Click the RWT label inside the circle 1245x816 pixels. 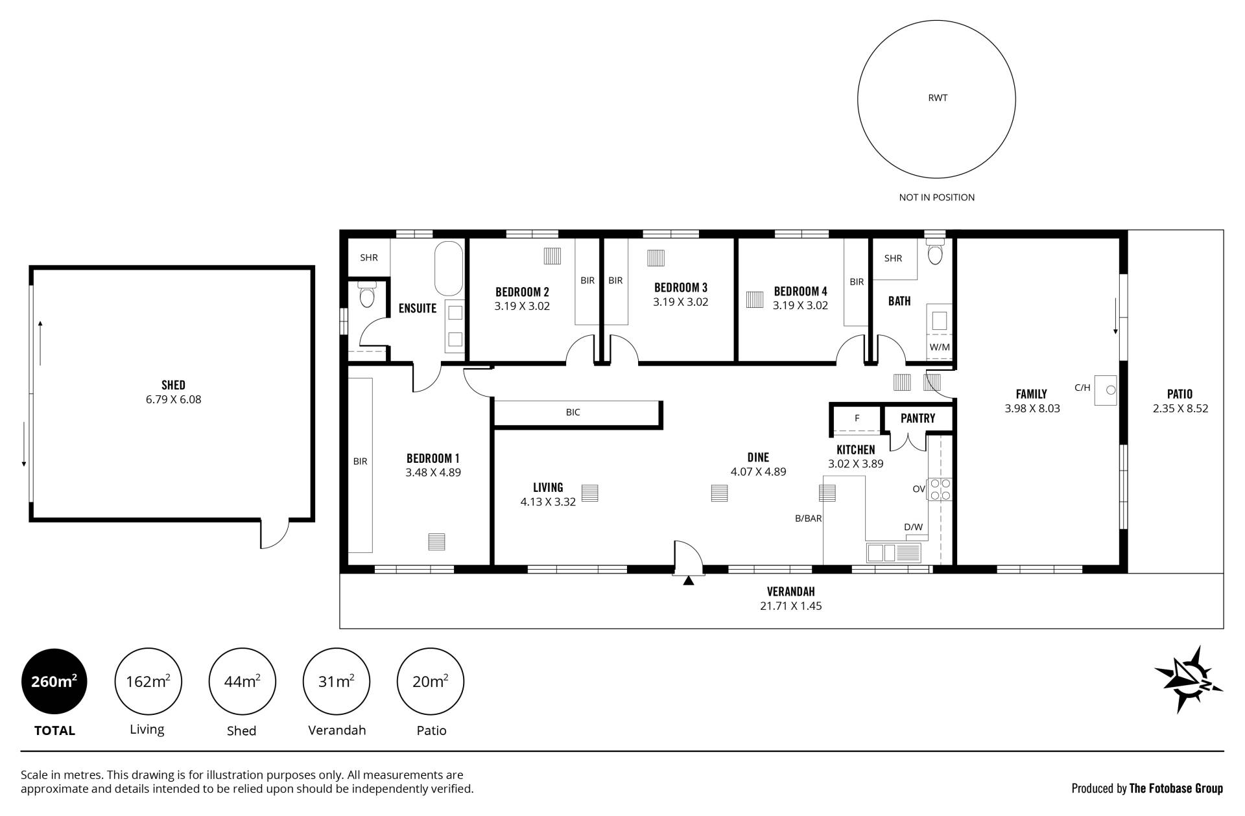pos(938,98)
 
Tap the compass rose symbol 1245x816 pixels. pos(1189,680)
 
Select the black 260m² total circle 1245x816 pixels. pos(54,681)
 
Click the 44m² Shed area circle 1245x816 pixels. pos(242,681)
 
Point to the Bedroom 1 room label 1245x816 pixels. pos(433,458)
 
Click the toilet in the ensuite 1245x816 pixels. pos(367,295)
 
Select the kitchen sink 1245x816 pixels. pos(894,553)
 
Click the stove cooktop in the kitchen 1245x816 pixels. pos(940,489)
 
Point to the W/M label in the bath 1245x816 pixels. pos(940,347)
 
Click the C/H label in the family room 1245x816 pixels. pos(1082,388)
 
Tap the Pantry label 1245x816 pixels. pos(918,418)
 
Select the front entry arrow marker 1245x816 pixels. pos(689,581)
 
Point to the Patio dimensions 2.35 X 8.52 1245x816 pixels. pos(1180,408)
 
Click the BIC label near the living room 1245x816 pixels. pos(573,412)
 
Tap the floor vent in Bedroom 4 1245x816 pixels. pos(754,299)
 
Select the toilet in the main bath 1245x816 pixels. pos(935,251)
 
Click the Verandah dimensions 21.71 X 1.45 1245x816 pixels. pos(790,606)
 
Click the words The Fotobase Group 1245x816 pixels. pos(1176,788)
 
